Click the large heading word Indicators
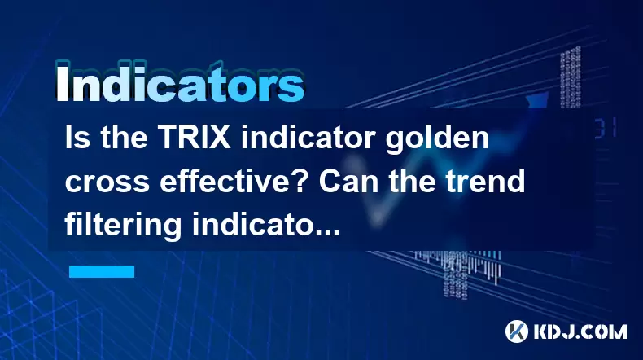click(x=180, y=83)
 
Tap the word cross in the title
click(x=107, y=182)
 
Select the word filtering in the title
click(x=123, y=226)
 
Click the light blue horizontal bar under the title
click(x=102, y=271)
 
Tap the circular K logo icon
click(x=517, y=331)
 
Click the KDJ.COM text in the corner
click(x=580, y=331)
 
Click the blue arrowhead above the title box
click(x=537, y=100)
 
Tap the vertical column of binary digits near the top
click(x=571, y=77)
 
